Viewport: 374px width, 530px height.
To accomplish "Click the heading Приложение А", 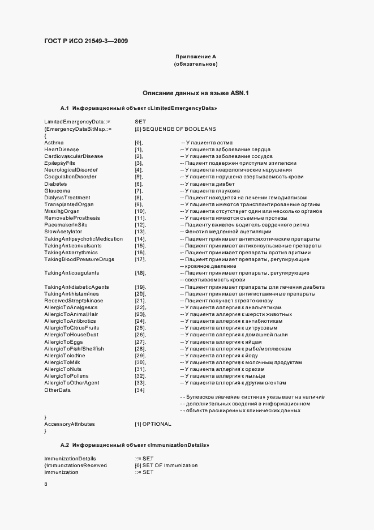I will (x=195, y=57).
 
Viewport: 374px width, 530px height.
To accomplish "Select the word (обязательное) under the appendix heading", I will (x=195, y=64).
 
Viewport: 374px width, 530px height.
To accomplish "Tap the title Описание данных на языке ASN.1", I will (x=195, y=92).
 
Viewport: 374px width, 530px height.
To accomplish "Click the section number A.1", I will (x=64, y=108).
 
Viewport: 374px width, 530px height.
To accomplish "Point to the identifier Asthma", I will (x=54, y=142).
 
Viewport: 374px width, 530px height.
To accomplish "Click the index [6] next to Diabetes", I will (x=139, y=184).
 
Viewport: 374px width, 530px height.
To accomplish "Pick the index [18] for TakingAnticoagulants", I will (x=140, y=273).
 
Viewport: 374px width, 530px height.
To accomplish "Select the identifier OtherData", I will (x=57, y=390).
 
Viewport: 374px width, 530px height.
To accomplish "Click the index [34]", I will (x=140, y=390).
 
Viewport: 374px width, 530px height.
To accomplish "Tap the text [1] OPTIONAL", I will (x=153, y=424).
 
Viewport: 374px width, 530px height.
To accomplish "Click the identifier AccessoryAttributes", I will (x=70, y=424).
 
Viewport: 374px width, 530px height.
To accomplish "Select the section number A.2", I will (x=64, y=446).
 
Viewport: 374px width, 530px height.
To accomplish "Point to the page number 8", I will (x=46, y=484).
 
